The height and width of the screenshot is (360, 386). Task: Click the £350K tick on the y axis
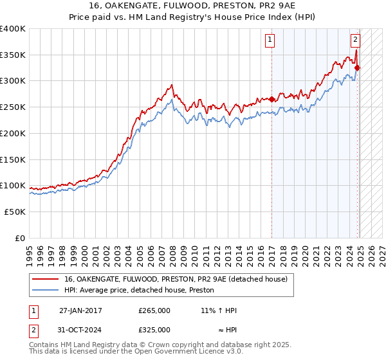(13, 55)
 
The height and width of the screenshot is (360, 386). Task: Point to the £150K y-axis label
(13, 159)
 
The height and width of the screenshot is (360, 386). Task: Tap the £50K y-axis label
(15, 212)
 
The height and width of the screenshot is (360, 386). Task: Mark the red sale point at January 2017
(271, 99)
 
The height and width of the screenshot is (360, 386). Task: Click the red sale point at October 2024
(357, 67)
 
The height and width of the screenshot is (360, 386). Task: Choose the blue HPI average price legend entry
(142, 291)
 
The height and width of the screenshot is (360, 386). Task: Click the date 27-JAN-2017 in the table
(80, 310)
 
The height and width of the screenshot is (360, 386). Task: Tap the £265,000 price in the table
(154, 310)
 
